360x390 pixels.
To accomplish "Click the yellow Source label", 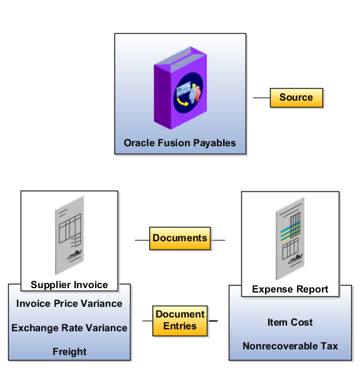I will pos(296,97).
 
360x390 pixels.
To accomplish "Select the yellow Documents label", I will pos(180,238).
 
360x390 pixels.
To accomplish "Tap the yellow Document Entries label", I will pos(180,320).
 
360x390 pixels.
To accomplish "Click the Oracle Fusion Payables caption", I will pos(180,142).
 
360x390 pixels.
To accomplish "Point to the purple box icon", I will pos(179,86).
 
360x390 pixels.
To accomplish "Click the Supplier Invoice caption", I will pos(69,285).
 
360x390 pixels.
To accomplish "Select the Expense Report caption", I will pos(290,289).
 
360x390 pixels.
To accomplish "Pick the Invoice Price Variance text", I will pos(69,304).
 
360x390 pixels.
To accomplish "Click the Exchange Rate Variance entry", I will pos(69,327).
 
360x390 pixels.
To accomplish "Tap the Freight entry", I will pos(69,351).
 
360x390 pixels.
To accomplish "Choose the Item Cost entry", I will pos(290,322).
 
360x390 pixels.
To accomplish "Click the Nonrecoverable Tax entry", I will pos(290,346).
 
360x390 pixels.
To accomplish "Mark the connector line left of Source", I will pos(261,98).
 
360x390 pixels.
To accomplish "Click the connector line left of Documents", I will pos(142,239).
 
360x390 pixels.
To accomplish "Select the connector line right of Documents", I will pos(217,239).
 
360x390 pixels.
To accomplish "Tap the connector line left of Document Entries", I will pos(147,321).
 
